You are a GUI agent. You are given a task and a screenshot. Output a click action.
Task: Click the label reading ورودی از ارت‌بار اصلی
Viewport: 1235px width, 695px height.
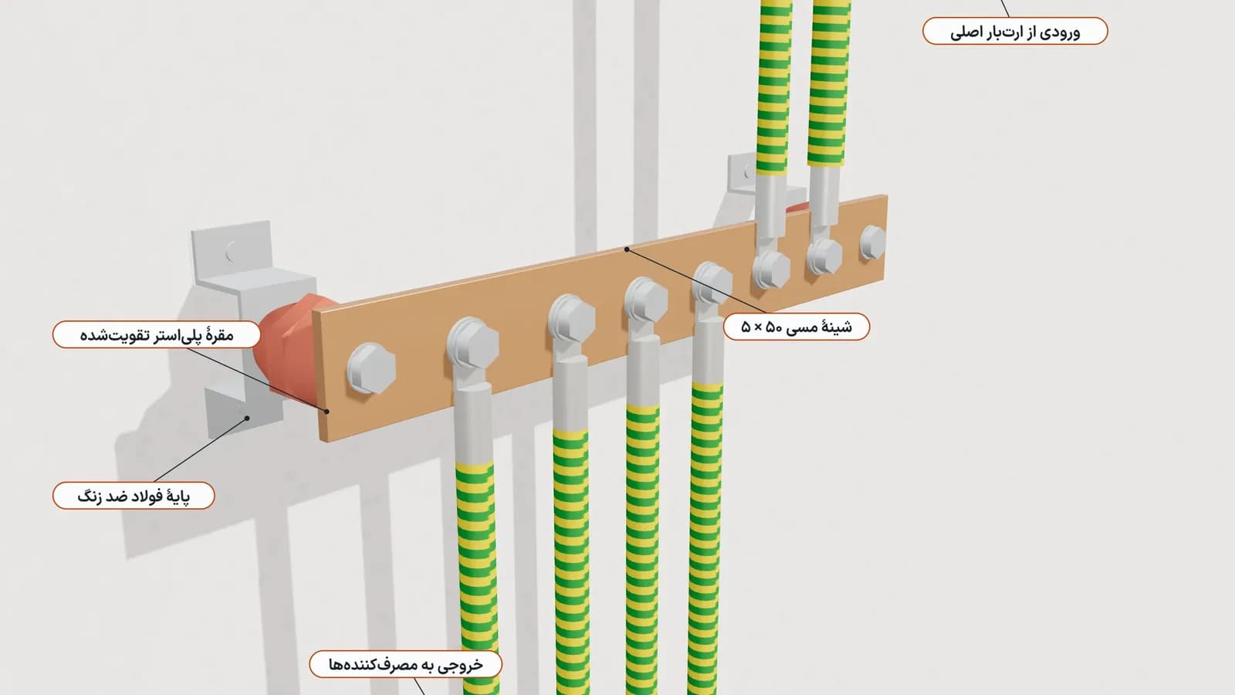pos(1015,31)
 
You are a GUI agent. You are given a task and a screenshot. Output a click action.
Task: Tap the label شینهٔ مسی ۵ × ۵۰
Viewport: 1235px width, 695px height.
pos(796,327)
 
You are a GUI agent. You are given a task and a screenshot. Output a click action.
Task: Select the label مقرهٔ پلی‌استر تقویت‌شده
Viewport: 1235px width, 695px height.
pos(157,334)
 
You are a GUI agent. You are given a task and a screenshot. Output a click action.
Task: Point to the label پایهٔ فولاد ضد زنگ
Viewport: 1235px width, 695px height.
pos(134,495)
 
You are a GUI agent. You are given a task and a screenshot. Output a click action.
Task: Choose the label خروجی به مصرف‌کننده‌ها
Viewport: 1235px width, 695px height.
pos(406,664)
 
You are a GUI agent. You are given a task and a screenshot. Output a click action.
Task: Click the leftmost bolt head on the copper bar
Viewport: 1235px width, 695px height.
pos(371,368)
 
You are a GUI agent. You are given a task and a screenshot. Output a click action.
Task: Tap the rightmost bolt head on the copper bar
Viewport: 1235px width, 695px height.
pos(873,242)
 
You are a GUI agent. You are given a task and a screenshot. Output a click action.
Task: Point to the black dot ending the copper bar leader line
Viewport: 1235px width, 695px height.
pos(627,249)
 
